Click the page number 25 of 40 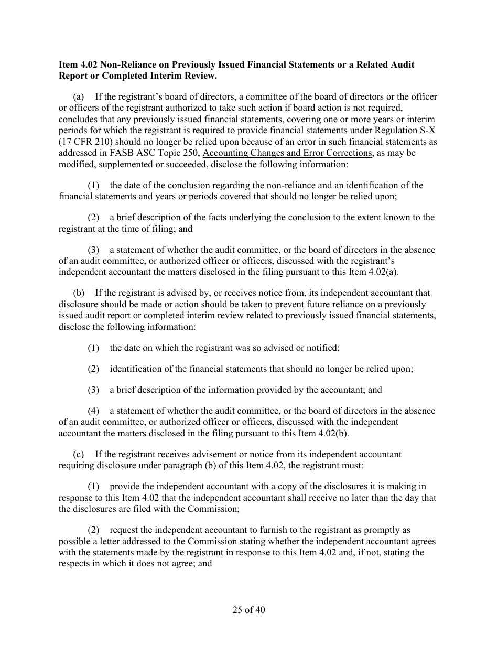(249, 610)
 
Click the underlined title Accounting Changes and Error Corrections (287, 153)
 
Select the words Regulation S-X (410, 131)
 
